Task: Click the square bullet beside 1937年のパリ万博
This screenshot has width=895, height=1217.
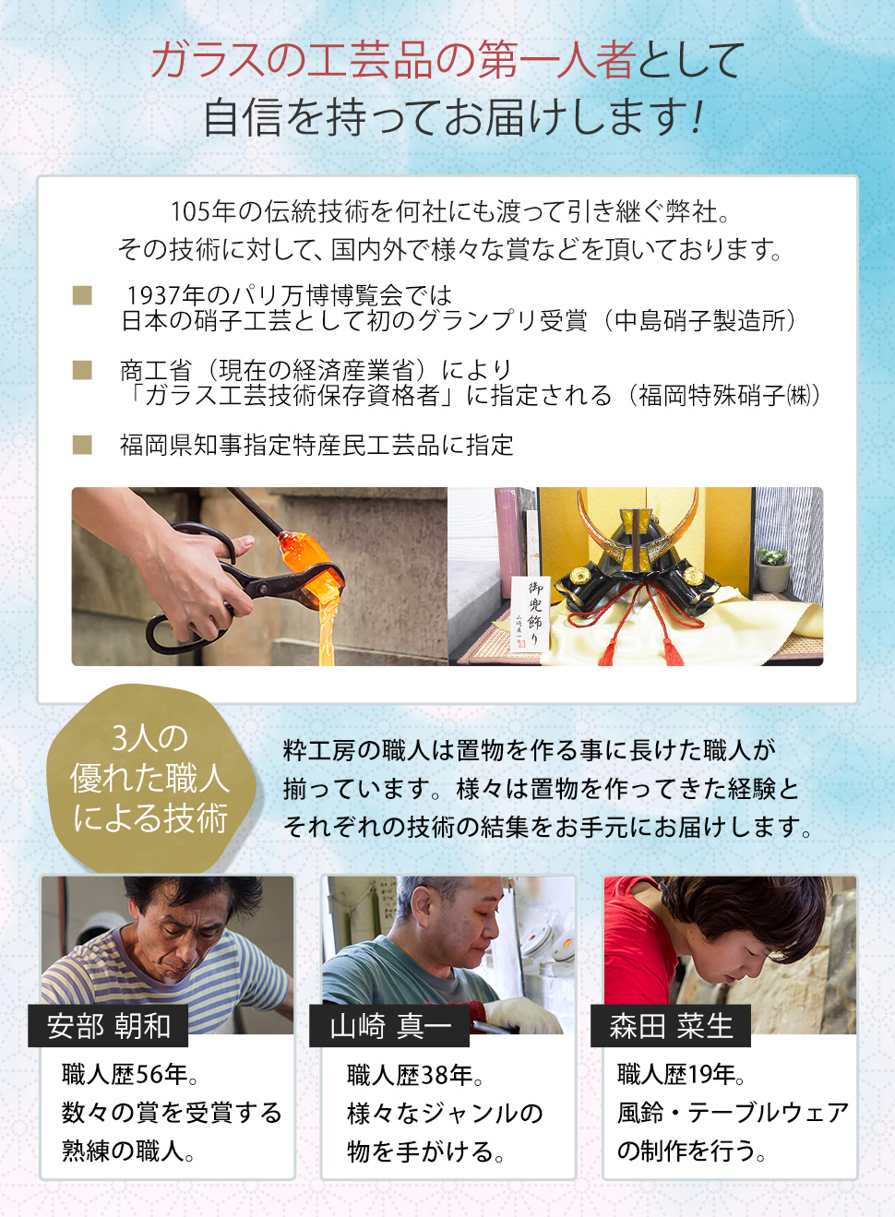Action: [82, 295]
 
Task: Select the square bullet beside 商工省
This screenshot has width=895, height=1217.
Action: [82, 370]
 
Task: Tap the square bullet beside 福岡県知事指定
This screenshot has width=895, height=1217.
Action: [82, 445]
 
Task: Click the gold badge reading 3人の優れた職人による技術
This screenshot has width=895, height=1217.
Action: [149, 779]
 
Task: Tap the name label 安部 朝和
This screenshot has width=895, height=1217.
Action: [109, 1026]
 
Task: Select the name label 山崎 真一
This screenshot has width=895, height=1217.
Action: [390, 1026]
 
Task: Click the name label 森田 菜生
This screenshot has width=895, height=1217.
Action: [671, 1026]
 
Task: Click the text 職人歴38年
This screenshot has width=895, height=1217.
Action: [414, 1075]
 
